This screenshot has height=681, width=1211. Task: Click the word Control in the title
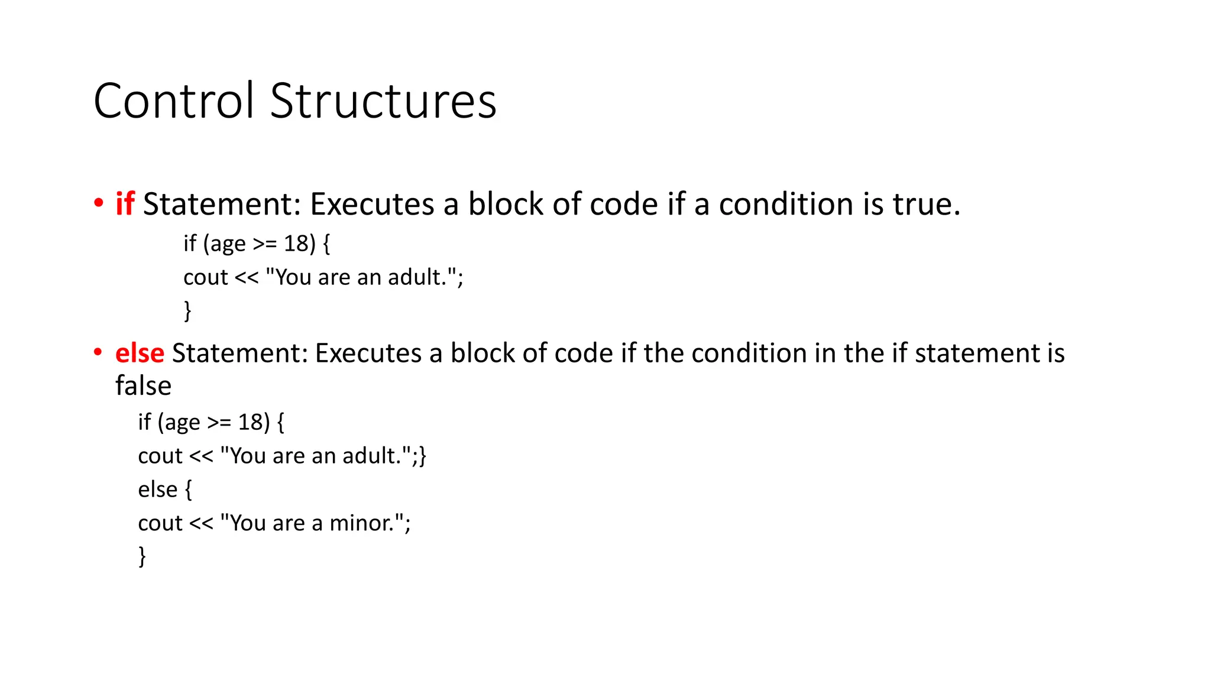pos(174,101)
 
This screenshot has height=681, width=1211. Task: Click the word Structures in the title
pos(383,101)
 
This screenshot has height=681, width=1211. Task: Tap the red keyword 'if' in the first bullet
pos(125,204)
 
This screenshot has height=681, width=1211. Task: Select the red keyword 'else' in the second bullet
pos(140,353)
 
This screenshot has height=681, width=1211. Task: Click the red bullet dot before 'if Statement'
pos(98,203)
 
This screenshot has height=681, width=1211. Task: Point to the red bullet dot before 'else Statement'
pos(98,352)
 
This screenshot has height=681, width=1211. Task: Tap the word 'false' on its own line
pos(143,385)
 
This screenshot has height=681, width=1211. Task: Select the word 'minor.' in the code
pos(360,523)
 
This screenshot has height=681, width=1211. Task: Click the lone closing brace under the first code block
pos(187,311)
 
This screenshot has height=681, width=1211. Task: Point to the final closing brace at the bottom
pos(142,556)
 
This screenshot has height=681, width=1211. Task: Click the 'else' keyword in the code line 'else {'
pos(157,489)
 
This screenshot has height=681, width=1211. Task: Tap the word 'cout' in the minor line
pos(160,523)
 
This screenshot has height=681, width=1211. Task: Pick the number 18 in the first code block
pos(296,244)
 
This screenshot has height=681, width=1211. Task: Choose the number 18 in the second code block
pos(250,422)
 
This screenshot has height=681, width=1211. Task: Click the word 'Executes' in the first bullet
pos(372,204)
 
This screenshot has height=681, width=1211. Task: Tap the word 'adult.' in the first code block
pos(417,277)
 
